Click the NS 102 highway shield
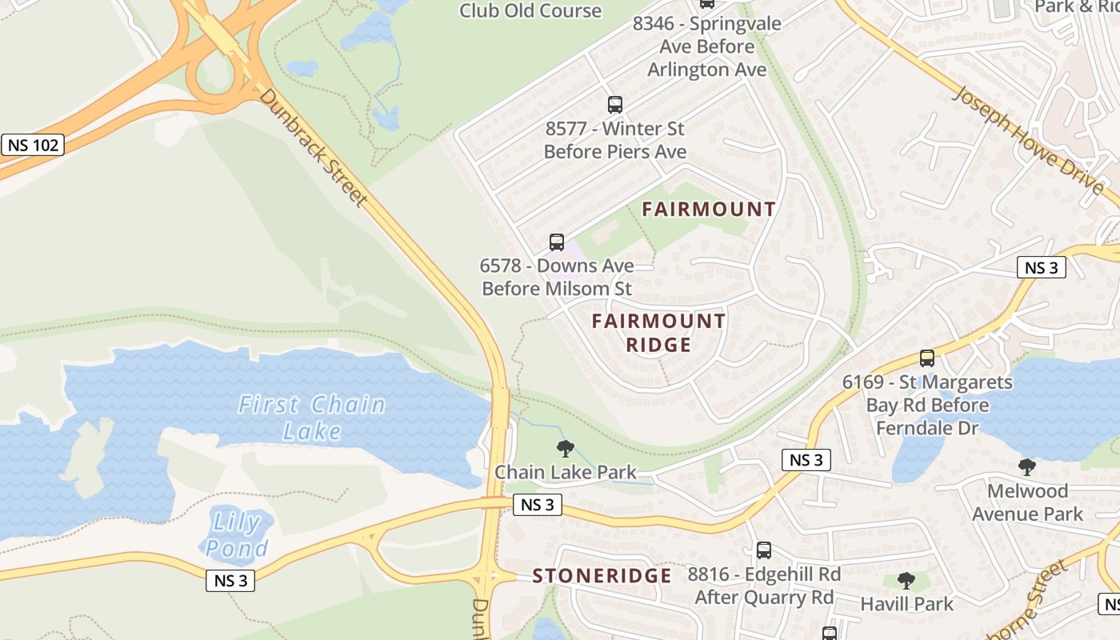(x=33, y=145)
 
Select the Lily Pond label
(x=235, y=535)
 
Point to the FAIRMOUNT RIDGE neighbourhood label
(x=658, y=333)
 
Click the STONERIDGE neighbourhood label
(x=602, y=576)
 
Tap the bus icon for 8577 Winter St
(x=614, y=104)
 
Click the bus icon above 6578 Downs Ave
(x=556, y=242)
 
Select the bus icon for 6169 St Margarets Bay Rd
(x=926, y=358)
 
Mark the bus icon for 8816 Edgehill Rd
(x=764, y=550)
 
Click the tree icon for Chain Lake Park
(x=565, y=449)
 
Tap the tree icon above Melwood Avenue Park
(x=1026, y=467)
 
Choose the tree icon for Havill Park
(x=906, y=581)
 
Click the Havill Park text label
(x=906, y=603)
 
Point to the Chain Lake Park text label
(x=565, y=472)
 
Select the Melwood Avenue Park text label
(x=1027, y=502)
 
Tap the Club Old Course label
(x=530, y=10)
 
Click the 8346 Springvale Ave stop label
(x=706, y=46)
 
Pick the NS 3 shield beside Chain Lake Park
(x=537, y=505)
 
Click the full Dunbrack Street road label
(x=313, y=147)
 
